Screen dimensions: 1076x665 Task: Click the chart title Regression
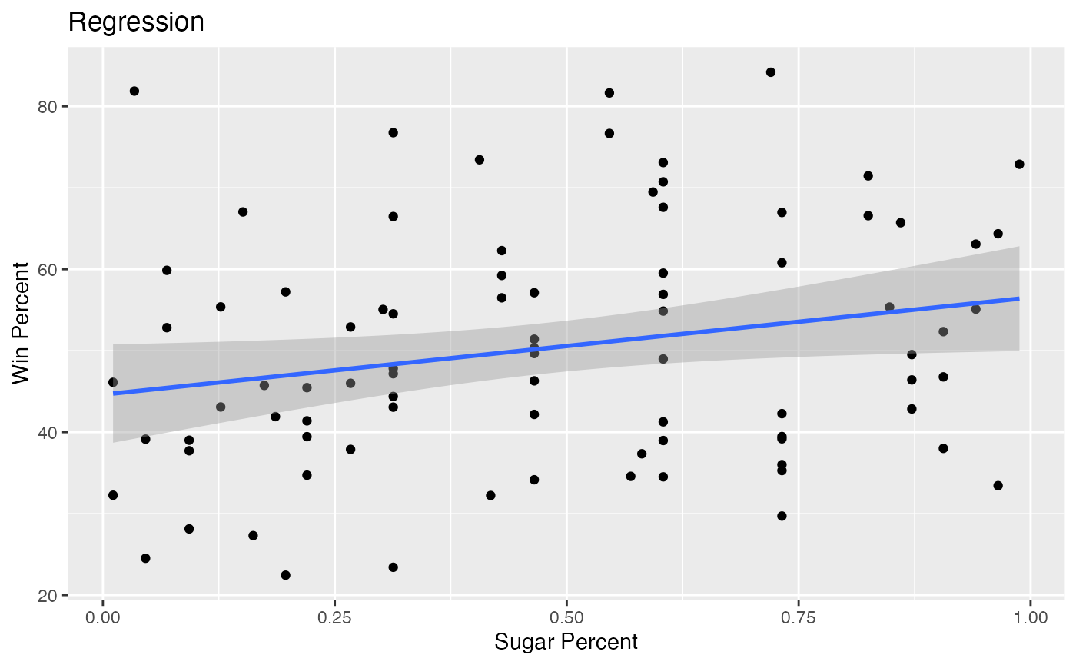click(x=136, y=22)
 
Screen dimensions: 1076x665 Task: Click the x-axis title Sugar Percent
click(x=566, y=642)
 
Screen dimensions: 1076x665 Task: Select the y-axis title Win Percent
click(x=20, y=324)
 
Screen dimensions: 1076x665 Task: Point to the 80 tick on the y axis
click(x=48, y=107)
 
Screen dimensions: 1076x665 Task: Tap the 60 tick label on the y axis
click(x=48, y=270)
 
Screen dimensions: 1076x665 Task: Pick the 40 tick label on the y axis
click(x=48, y=432)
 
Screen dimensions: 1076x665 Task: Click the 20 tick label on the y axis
click(x=48, y=596)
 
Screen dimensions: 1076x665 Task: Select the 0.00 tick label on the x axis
click(x=103, y=617)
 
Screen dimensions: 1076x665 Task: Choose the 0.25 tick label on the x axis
click(x=335, y=617)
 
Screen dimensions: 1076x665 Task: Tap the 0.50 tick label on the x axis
click(x=567, y=617)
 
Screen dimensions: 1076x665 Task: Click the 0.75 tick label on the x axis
click(x=799, y=617)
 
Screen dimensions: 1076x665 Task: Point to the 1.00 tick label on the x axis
click(x=1031, y=617)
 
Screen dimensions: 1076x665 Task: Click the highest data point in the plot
click(x=770, y=72)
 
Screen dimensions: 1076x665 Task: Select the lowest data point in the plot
click(x=285, y=575)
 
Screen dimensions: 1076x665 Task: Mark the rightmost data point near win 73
click(x=1019, y=165)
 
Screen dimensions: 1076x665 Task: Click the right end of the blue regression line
click(x=1019, y=299)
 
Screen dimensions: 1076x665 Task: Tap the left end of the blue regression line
click(x=114, y=394)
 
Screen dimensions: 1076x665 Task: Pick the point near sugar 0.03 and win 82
click(x=134, y=91)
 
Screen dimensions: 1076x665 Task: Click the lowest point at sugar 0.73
click(x=782, y=516)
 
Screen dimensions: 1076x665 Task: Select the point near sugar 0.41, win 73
click(x=480, y=160)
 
